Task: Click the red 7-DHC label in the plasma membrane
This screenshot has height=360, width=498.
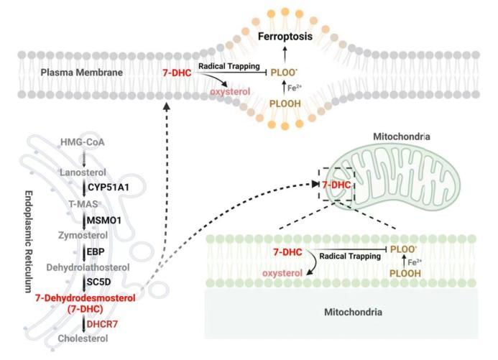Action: pyautogui.click(x=177, y=73)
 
